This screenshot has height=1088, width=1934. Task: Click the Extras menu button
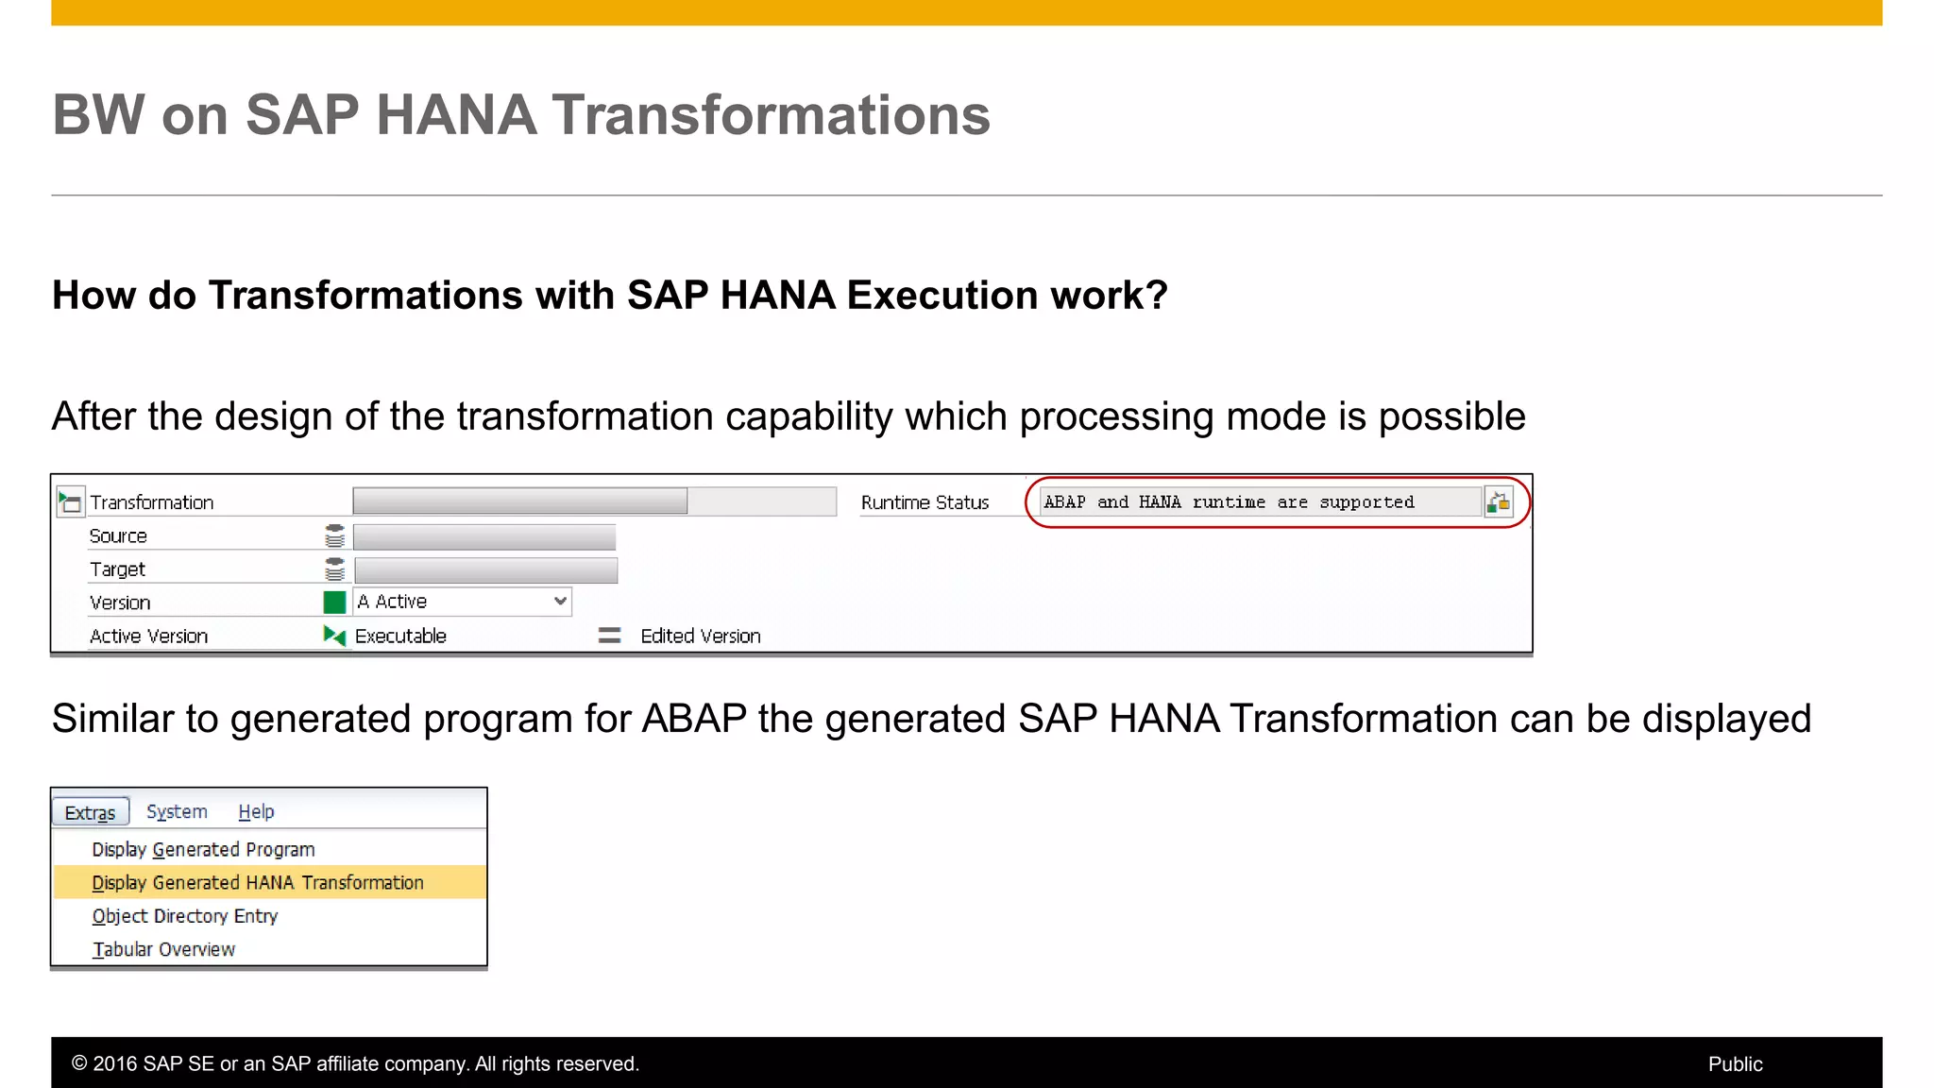pos(90,812)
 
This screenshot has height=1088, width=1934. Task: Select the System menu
pos(177,812)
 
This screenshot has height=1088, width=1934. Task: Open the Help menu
pos(256,812)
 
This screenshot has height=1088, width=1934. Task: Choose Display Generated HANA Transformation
pos(258,882)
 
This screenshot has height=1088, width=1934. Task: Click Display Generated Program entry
pos(203,849)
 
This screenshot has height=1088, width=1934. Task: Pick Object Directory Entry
pos(185,916)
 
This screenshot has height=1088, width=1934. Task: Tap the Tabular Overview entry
pos(163,949)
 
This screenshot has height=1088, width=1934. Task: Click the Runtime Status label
pos(925,502)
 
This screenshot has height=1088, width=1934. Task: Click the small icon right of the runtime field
pos(1498,502)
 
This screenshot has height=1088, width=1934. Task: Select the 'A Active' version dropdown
pos(463,602)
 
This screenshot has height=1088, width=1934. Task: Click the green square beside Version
pos(334,602)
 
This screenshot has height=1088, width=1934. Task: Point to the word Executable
pos(400,636)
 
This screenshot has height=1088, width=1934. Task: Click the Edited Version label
pos(700,636)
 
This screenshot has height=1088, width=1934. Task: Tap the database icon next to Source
pos(334,536)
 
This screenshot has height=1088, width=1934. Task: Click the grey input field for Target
pos(485,569)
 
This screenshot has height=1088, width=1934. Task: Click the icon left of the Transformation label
pos(70,501)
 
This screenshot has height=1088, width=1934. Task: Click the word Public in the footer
pos(1735,1063)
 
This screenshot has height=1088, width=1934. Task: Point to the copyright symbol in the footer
pos(79,1063)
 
